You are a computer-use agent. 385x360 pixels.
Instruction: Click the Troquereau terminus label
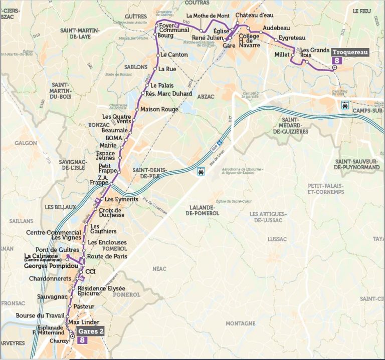point(350,52)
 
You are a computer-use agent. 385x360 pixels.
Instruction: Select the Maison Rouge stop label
point(159,109)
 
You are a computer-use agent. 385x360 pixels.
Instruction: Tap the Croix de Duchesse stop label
point(111,212)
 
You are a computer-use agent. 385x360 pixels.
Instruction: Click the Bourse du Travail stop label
point(40,315)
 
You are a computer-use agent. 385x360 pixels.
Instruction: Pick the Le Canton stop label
point(174,55)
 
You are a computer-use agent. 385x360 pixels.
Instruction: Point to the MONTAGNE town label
point(240,323)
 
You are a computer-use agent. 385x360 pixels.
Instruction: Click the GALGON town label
point(25,143)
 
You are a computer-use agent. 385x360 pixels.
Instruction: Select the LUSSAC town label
point(277,240)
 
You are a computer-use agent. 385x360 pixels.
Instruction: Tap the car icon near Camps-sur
point(345,105)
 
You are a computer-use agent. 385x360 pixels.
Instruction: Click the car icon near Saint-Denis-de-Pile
point(201,170)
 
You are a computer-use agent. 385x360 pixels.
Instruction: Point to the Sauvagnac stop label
point(52,297)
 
